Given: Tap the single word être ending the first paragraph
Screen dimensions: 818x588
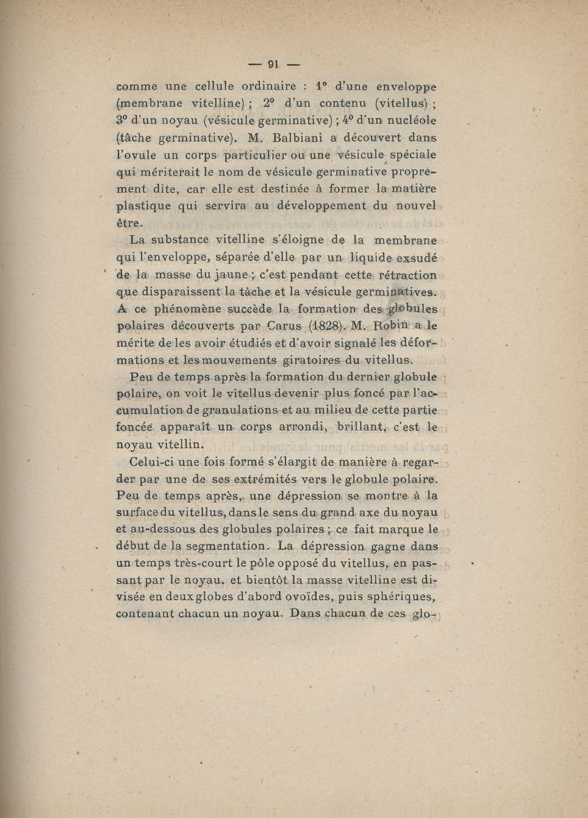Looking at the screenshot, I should click(x=131, y=222).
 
